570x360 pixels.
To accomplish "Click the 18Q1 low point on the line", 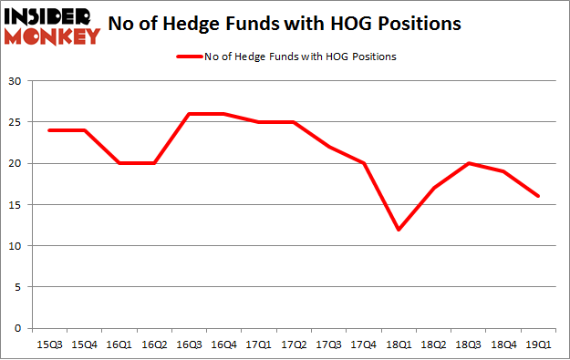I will (x=399, y=230).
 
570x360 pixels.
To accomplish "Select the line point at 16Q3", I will (x=187, y=114).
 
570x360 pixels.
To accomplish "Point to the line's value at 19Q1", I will (x=539, y=196).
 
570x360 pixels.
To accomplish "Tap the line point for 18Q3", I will (x=469, y=163).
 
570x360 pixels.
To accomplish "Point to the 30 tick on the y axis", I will (x=16, y=81).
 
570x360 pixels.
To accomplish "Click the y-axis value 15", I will (x=16, y=205).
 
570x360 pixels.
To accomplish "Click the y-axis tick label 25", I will (x=16, y=122).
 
